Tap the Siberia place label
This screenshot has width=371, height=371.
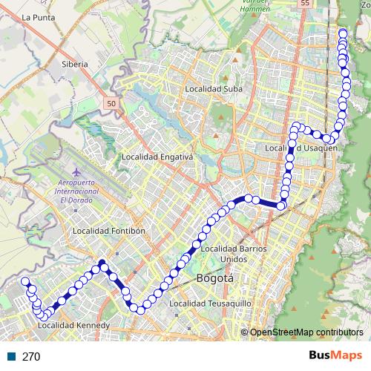[75, 64]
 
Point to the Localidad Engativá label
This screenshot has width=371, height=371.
[157, 157]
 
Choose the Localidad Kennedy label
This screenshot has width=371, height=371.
[73, 325]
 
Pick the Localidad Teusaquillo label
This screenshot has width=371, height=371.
[211, 303]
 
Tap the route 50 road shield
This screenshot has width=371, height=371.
[111, 105]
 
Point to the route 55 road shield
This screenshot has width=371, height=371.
[306, 4]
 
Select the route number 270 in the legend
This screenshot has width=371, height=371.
[31, 356]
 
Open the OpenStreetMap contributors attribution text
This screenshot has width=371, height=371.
[306, 332]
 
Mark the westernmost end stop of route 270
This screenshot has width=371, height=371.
[24, 281]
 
